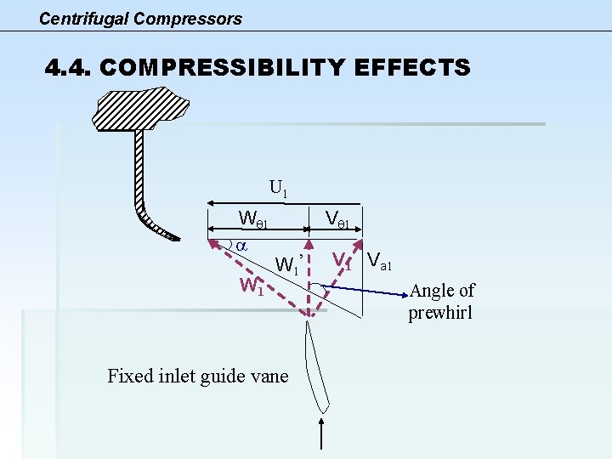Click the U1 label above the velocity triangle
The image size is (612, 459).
[x=278, y=188]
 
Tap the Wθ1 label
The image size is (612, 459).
[x=253, y=219]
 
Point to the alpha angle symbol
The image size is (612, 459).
[x=241, y=244]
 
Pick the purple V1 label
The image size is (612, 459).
[x=342, y=259]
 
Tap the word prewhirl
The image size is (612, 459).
[x=440, y=313]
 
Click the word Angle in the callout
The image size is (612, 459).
[x=432, y=291]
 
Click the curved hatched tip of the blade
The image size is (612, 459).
[x=156, y=226]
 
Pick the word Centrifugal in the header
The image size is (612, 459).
[x=82, y=19]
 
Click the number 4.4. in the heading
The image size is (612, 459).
[x=69, y=68]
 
